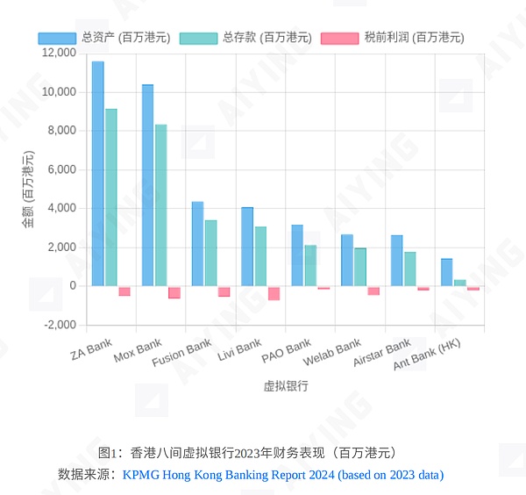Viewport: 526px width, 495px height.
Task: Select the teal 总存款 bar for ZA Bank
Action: point(111,197)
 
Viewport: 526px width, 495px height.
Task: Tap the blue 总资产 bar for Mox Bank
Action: point(147,185)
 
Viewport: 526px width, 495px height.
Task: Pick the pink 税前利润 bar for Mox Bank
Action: point(174,293)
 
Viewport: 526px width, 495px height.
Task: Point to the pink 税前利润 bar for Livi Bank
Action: point(274,294)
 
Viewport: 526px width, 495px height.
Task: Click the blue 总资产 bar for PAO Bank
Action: point(297,255)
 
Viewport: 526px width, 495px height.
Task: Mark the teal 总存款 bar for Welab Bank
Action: point(360,267)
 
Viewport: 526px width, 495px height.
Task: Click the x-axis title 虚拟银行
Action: point(286,386)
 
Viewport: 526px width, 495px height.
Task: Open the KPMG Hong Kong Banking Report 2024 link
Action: point(283,475)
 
